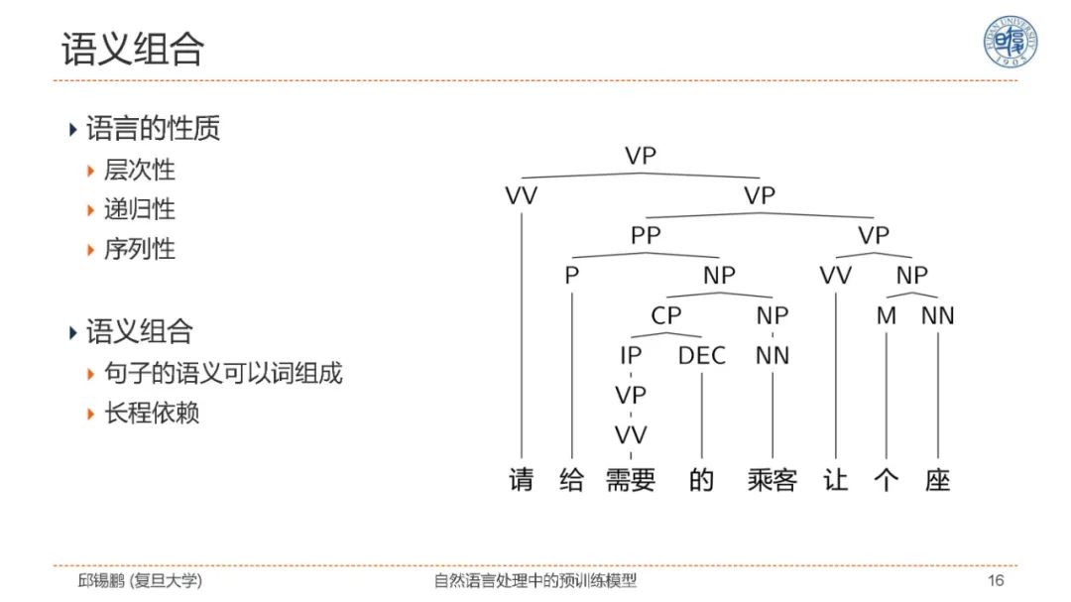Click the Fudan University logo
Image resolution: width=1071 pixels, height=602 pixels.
1010,42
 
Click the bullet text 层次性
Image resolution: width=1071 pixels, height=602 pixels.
139,170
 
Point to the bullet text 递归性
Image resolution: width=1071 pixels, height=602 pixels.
139,209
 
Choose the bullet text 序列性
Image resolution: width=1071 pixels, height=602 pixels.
139,249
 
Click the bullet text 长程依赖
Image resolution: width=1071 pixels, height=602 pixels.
152,413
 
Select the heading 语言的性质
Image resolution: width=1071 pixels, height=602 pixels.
153,128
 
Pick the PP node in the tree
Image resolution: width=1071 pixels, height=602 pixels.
645,236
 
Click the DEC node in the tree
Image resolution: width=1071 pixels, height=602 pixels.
701,355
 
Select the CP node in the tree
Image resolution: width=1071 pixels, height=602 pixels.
666,315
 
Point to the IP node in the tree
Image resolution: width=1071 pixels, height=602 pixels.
631,355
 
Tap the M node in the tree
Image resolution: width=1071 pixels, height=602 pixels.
886,315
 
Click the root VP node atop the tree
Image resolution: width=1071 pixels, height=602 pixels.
641,156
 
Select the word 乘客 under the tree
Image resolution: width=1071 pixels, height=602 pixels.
772,480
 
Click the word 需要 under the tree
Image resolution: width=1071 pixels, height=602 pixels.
631,480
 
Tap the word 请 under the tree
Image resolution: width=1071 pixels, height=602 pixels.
521,480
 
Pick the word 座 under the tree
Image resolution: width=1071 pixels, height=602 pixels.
937,480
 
